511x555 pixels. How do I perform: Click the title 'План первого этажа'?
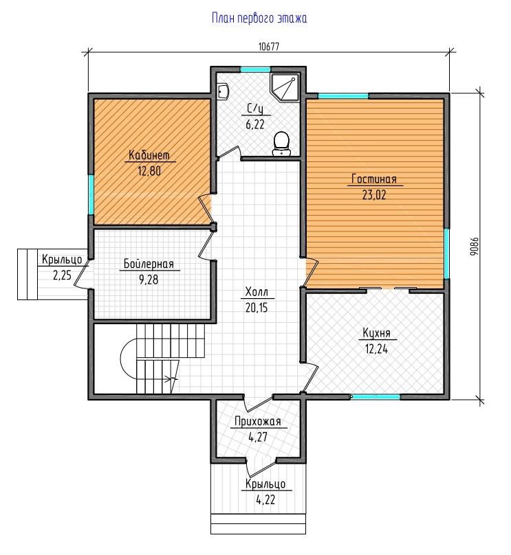[x=259, y=18]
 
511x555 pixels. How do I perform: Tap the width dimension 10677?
[x=269, y=47]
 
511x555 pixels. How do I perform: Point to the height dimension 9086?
[x=475, y=247]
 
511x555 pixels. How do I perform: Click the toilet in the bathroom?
[x=282, y=144]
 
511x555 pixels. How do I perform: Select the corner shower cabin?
[x=285, y=87]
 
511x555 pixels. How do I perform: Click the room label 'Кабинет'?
[x=149, y=155]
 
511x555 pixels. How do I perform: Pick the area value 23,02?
[x=374, y=195]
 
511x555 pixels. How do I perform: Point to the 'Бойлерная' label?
[x=149, y=264]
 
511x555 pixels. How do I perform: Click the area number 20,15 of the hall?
[x=257, y=308]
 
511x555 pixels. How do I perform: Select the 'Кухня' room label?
[x=376, y=333]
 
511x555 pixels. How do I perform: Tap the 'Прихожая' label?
[x=258, y=421]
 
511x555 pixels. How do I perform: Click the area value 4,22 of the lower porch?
[x=265, y=500]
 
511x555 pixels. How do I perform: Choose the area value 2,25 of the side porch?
[x=63, y=275]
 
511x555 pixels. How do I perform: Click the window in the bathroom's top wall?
[x=256, y=69]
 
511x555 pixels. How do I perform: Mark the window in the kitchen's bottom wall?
[x=376, y=397]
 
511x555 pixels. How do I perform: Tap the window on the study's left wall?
[x=91, y=194]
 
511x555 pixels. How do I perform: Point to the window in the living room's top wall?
[x=343, y=96]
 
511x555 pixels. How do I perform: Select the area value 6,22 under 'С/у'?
[x=254, y=124]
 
